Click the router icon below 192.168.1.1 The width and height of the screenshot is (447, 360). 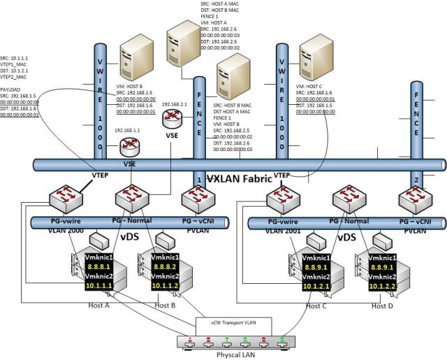tap(129, 147)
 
